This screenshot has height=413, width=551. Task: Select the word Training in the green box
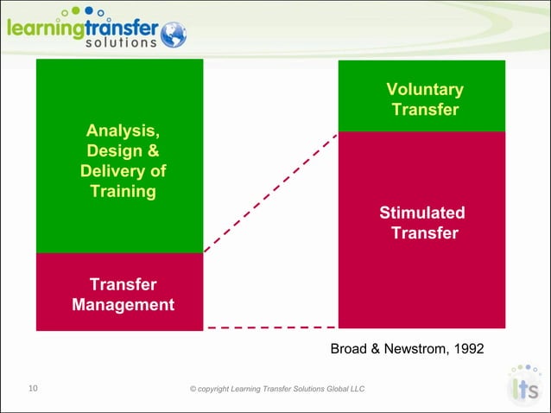(123, 191)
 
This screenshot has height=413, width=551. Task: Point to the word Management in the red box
(123, 305)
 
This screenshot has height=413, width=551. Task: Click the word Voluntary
(424, 90)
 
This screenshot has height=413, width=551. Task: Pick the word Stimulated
(422, 213)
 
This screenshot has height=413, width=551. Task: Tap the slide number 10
(34, 389)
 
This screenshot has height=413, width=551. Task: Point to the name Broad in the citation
(350, 348)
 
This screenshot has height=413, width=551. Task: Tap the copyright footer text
(276, 390)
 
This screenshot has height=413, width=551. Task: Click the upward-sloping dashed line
(270, 194)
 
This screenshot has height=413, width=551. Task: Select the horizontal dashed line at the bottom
(270, 328)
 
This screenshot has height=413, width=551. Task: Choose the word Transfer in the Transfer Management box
(123, 284)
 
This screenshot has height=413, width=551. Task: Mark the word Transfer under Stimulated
(424, 233)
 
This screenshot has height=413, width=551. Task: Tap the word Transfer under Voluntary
(424, 110)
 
